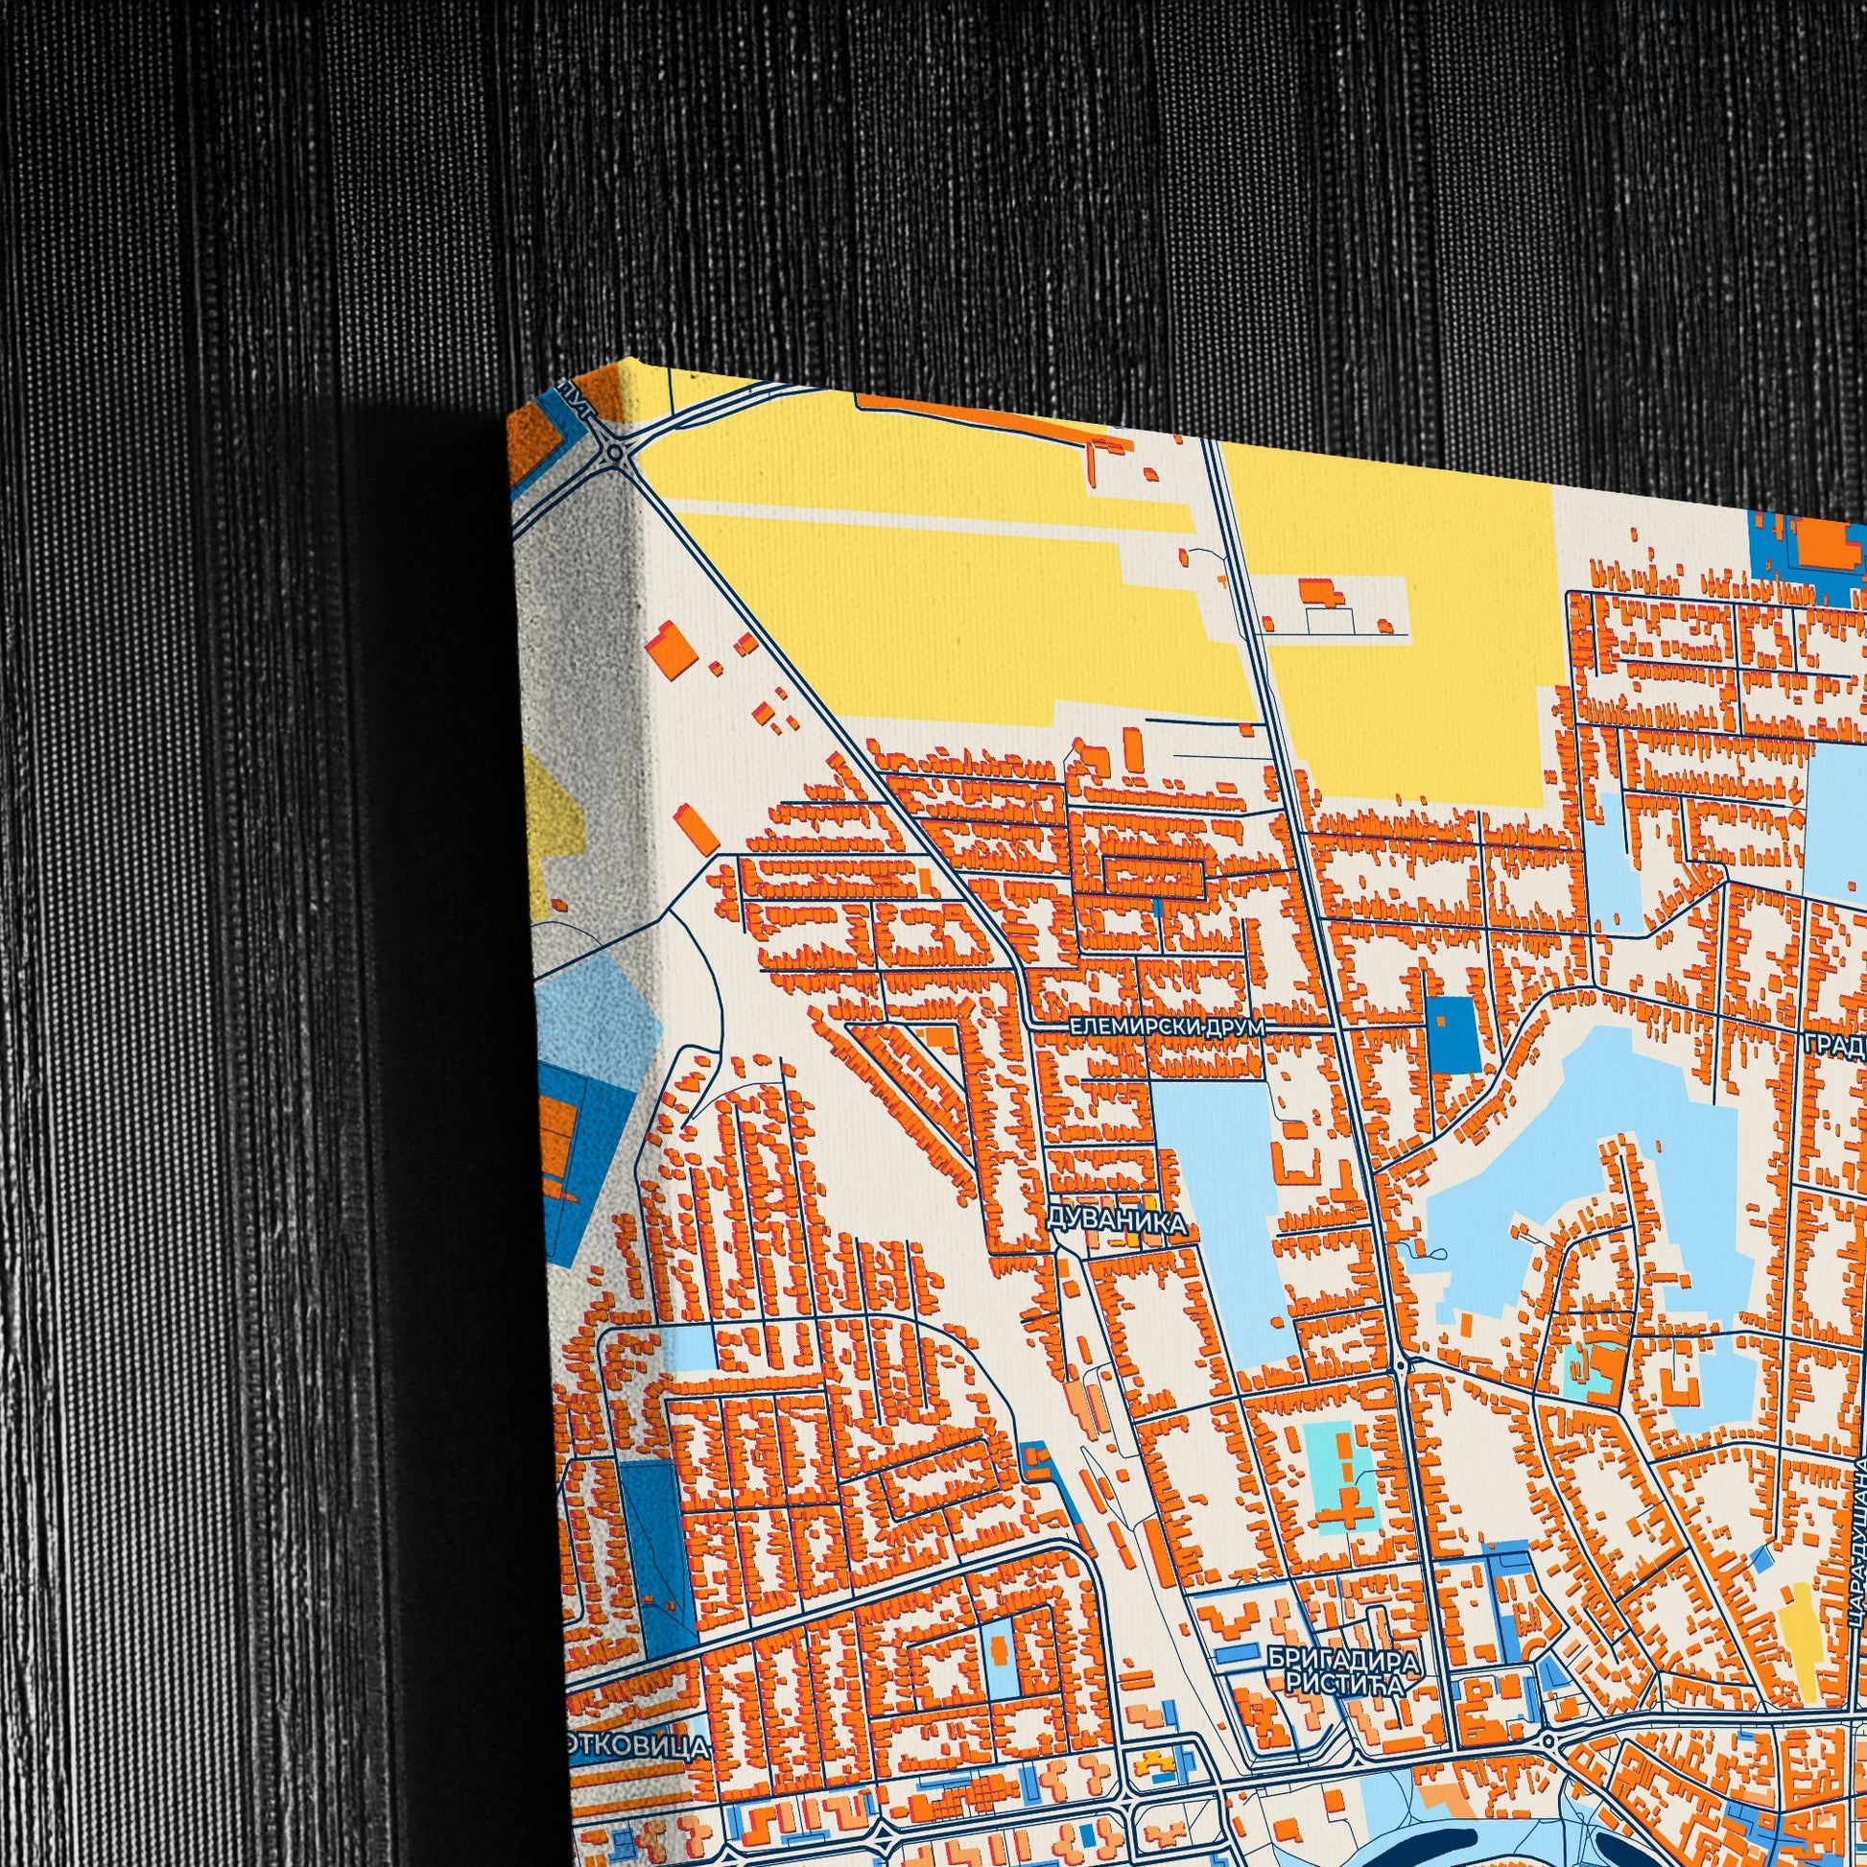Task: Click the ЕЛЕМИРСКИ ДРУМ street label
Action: pos(1167,1028)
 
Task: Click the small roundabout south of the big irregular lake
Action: pos(1401,1365)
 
